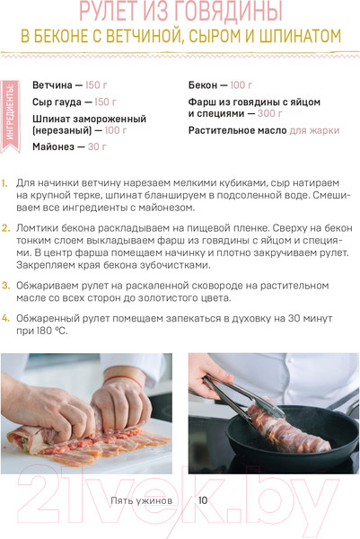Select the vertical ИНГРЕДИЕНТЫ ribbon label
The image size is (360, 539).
pyautogui.click(x=10, y=117)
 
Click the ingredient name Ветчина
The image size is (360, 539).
pyautogui.click(x=52, y=85)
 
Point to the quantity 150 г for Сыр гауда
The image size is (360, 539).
pyautogui.click(x=105, y=102)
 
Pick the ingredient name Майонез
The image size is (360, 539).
pyautogui.click(x=53, y=146)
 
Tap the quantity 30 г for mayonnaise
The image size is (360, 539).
pyautogui.click(x=97, y=146)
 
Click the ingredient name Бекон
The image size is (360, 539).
pyautogui.click(x=203, y=85)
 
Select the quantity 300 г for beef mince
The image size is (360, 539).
pyautogui.click(x=270, y=113)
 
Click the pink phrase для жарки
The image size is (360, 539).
pyautogui.click(x=314, y=130)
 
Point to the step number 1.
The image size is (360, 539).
pyautogui.click(x=4, y=183)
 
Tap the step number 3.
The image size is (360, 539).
pyautogui.click(x=5, y=286)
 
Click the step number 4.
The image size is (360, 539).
pyautogui.click(x=5, y=318)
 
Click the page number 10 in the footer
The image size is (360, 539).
pyautogui.click(x=203, y=500)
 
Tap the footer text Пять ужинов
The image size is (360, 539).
pyautogui.click(x=141, y=500)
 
